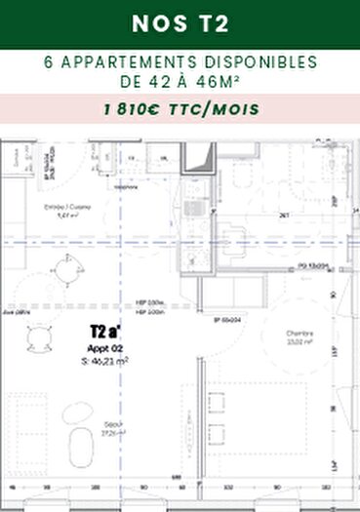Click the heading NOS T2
pyautogui.click(x=180, y=22)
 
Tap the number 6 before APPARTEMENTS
pyautogui.click(x=50, y=61)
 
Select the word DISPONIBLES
pyautogui.click(x=258, y=61)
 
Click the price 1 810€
pyautogui.click(x=138, y=109)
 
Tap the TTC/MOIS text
pyautogui.click(x=220, y=109)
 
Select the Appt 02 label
pyautogui.click(x=103, y=347)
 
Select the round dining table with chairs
pyautogui.click(x=38, y=337)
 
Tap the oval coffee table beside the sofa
pyautogui.click(x=76, y=414)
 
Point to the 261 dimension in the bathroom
pyautogui.click(x=284, y=216)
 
